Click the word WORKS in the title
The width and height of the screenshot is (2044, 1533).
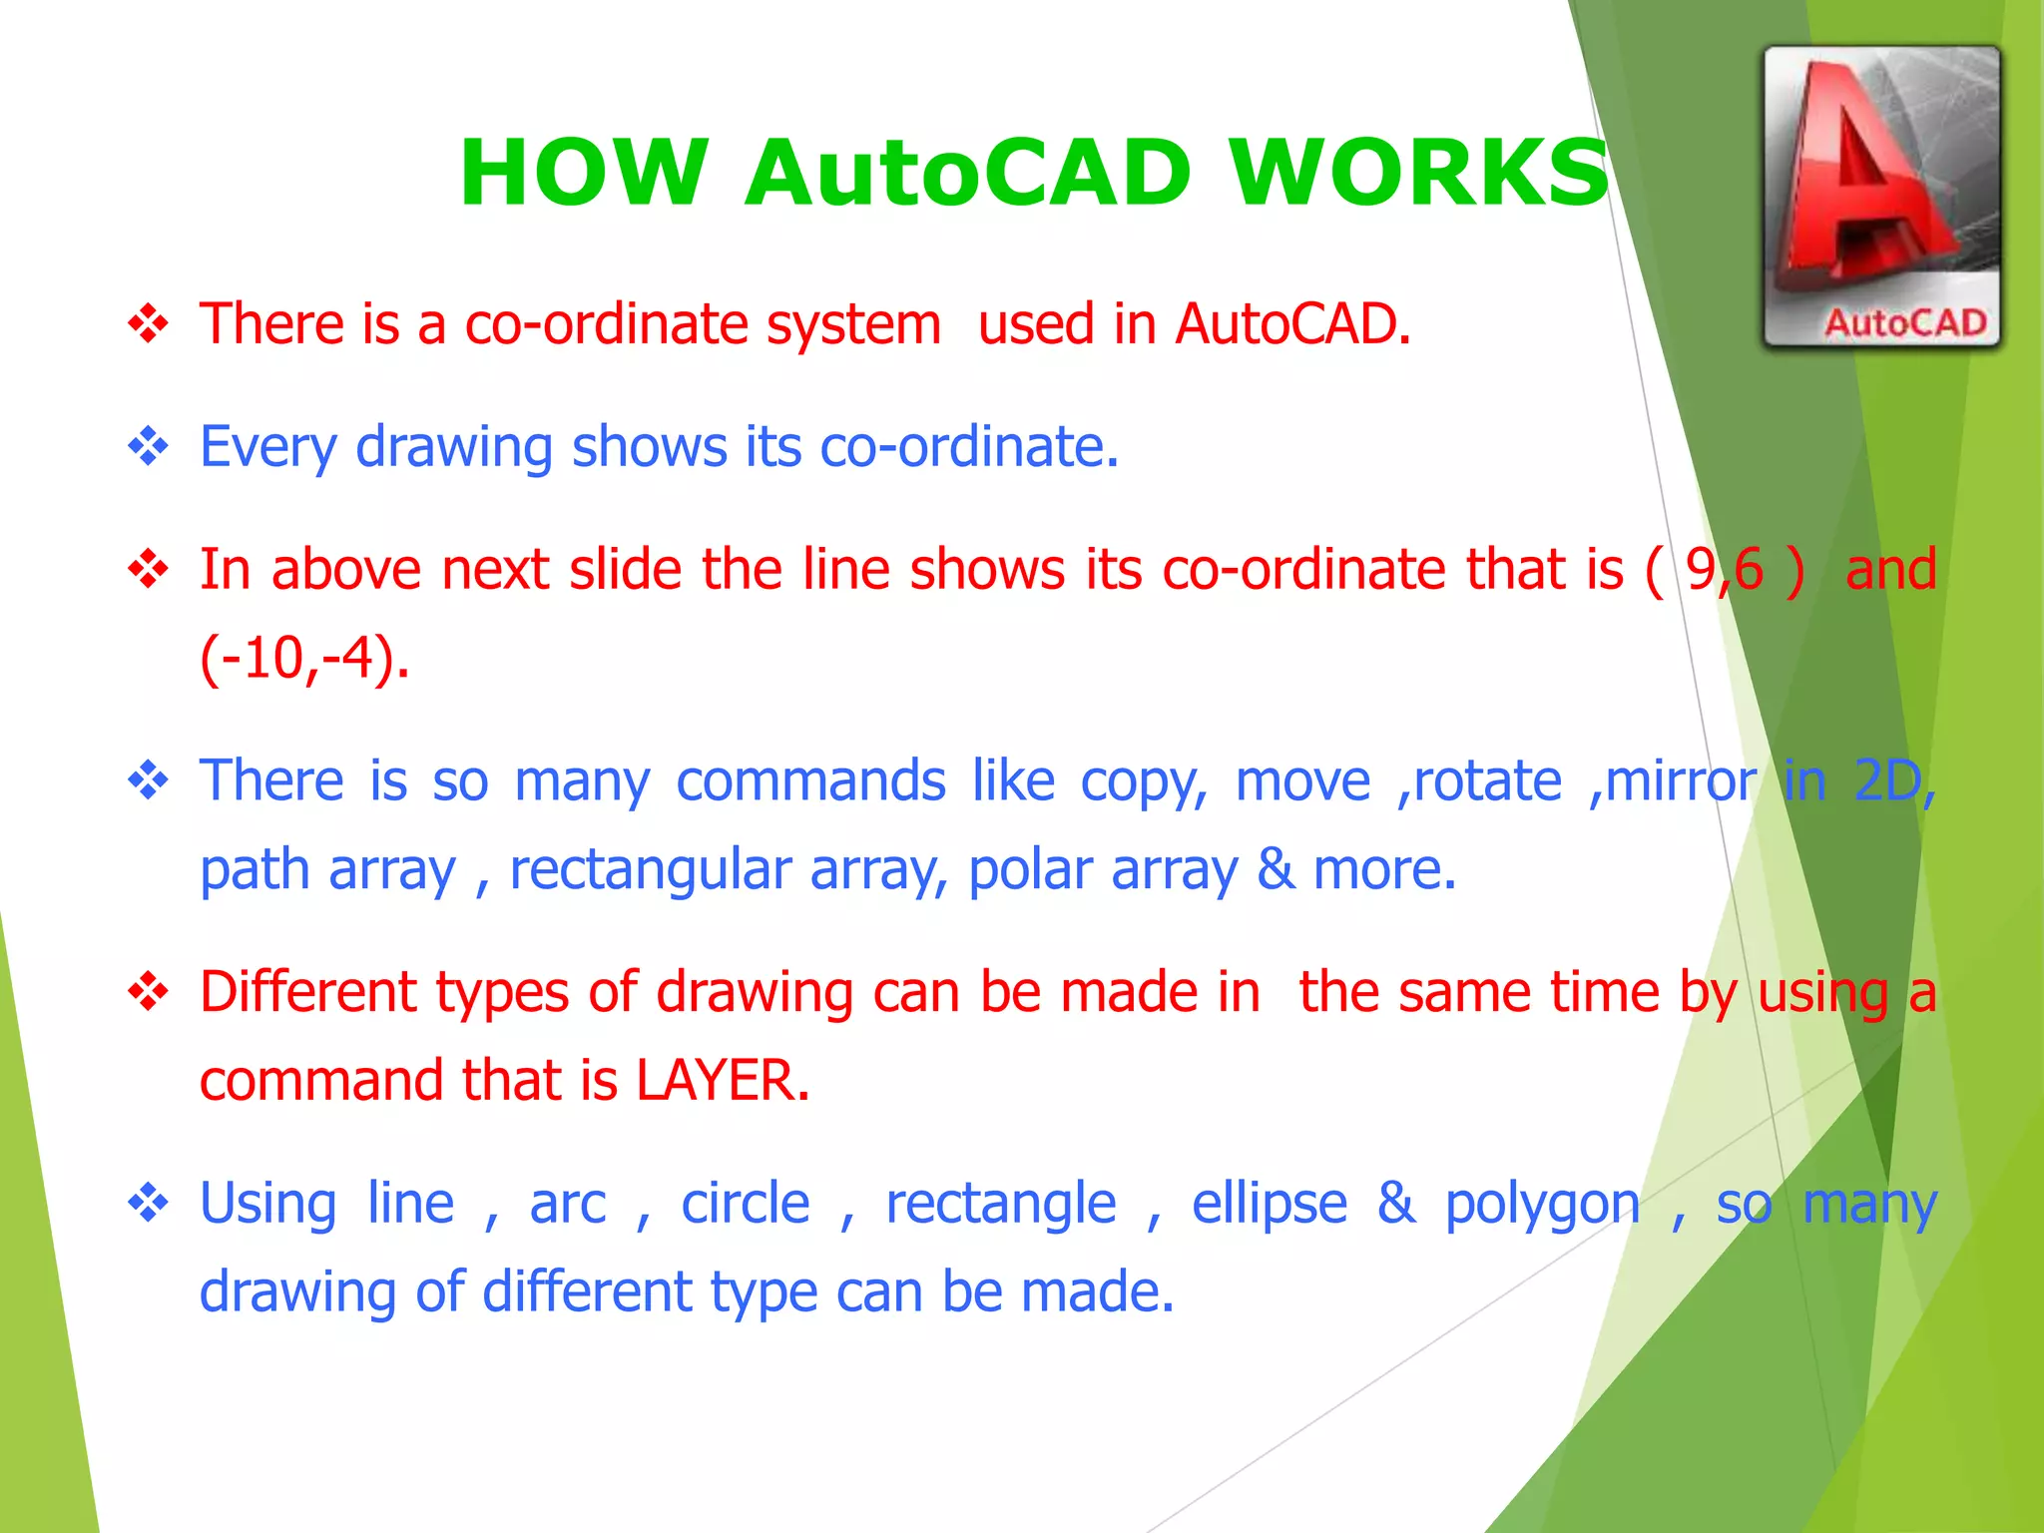1419,173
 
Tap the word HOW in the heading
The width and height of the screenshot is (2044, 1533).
584,173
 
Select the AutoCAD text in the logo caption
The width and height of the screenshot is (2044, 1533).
1905,323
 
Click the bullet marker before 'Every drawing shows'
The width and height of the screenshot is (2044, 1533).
149,446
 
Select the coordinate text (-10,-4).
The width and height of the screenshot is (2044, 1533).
303,659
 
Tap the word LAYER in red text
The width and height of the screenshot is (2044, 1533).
723,1081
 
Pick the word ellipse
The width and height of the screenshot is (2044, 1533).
1270,1204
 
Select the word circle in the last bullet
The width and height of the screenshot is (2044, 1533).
745,1204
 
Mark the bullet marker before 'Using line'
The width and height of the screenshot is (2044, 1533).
149,1203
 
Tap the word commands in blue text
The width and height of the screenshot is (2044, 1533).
810,780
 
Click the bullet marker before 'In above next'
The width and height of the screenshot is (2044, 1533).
149,569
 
